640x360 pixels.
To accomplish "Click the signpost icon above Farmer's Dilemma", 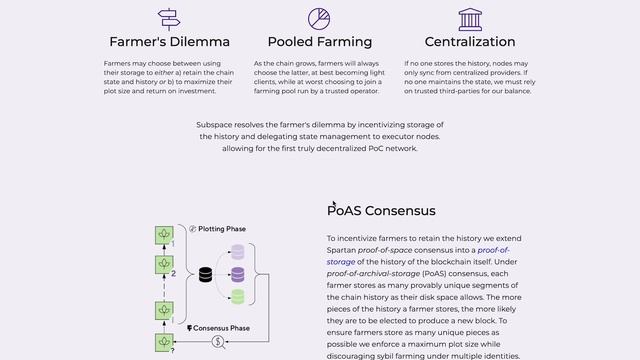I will (169, 18).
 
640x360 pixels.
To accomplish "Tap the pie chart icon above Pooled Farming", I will (319, 18).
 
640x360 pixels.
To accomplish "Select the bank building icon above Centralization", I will (469, 18).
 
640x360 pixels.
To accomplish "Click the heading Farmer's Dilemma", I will (169, 42).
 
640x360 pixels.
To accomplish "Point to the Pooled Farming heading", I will (319, 42).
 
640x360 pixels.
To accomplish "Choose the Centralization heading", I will (469, 42).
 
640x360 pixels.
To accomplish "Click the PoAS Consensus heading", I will (381, 211).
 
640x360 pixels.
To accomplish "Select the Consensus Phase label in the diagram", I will (223, 328).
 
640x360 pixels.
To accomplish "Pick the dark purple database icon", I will (238, 274).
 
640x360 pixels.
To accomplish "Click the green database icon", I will (238, 296).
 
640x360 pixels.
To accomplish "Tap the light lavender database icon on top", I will (238, 252).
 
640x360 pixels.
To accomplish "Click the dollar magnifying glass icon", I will (217, 342).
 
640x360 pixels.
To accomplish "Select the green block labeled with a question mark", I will (162, 342).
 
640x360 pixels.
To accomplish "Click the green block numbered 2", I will (162, 264).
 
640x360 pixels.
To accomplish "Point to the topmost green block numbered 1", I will (162, 234).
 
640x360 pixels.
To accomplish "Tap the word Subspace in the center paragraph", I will (217, 125).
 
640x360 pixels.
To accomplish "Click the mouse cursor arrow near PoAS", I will (334, 204).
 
